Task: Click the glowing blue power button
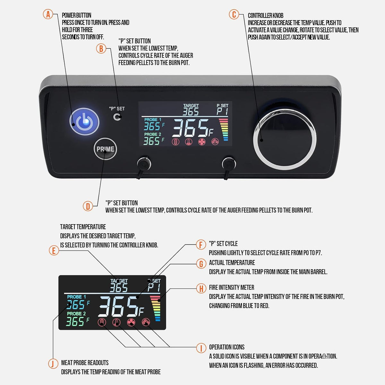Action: click(x=84, y=122)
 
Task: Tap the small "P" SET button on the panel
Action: click(x=117, y=117)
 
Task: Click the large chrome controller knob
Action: click(x=285, y=138)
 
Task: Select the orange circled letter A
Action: click(x=48, y=14)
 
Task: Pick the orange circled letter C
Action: click(x=234, y=14)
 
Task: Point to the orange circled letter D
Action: click(x=88, y=206)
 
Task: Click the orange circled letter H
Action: click(x=201, y=288)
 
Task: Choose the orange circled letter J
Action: click(x=53, y=364)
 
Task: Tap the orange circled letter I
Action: click(x=201, y=348)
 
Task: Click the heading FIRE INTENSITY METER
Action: click(x=231, y=287)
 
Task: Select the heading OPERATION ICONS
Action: click(x=227, y=347)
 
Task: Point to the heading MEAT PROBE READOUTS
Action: click(x=85, y=363)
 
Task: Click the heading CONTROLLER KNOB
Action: click(x=265, y=15)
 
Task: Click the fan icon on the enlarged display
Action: click(x=131, y=322)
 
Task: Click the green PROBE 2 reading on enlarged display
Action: click(x=75, y=321)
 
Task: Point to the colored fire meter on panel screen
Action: click(x=223, y=130)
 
